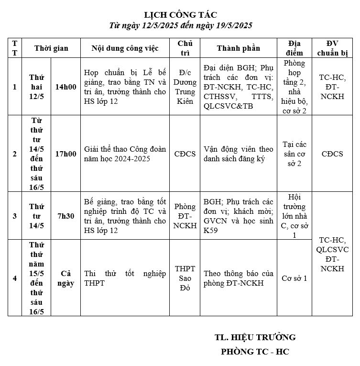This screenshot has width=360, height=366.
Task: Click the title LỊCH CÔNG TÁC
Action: (x=180, y=15)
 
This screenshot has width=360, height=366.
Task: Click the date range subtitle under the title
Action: (x=180, y=25)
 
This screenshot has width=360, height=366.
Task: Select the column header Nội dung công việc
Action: (x=125, y=48)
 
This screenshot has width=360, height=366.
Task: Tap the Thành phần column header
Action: (x=238, y=48)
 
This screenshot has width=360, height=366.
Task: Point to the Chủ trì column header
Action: (x=185, y=48)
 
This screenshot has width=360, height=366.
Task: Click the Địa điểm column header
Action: (x=295, y=48)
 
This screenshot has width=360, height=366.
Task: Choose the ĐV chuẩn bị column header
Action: (x=332, y=48)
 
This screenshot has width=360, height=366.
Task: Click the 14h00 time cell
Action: (x=65, y=87)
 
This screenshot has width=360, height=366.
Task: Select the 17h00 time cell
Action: (x=65, y=154)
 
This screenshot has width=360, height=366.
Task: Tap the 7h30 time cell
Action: (x=65, y=216)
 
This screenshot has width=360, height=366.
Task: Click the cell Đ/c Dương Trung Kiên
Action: (x=185, y=87)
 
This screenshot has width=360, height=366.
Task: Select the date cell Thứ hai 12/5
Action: (x=36, y=87)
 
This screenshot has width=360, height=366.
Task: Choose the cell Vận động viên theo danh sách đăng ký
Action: (x=238, y=154)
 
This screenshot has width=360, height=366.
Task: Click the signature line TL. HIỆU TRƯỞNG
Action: (x=255, y=337)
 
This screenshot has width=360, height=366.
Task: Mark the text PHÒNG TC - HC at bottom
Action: (x=255, y=352)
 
